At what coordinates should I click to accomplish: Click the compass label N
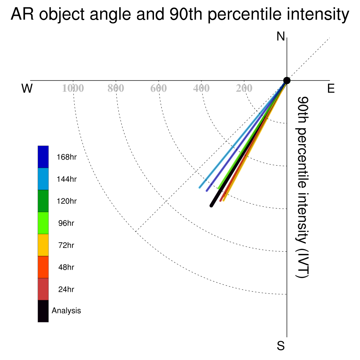click(x=281, y=36)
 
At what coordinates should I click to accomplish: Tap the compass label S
click(x=281, y=346)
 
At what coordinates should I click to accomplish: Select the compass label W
click(x=27, y=88)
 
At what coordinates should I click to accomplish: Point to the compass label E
click(x=331, y=88)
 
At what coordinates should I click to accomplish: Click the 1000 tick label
click(x=73, y=88)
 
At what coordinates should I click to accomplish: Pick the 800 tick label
click(x=116, y=88)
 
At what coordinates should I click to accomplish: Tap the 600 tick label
click(x=159, y=88)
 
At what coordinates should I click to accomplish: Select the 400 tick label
click(x=201, y=88)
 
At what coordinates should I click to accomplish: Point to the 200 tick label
click(x=244, y=88)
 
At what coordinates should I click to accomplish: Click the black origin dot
click(x=287, y=81)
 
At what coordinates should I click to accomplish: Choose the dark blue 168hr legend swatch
click(x=43, y=157)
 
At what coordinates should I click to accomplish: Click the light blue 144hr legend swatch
click(x=43, y=179)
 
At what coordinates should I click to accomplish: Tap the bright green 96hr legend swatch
click(x=43, y=223)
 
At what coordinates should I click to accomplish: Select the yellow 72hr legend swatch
click(x=43, y=245)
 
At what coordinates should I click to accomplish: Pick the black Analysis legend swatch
click(x=43, y=311)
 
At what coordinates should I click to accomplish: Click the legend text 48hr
click(x=66, y=267)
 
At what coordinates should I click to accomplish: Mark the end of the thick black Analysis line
click(x=211, y=206)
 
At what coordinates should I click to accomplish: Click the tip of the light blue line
click(x=200, y=188)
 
